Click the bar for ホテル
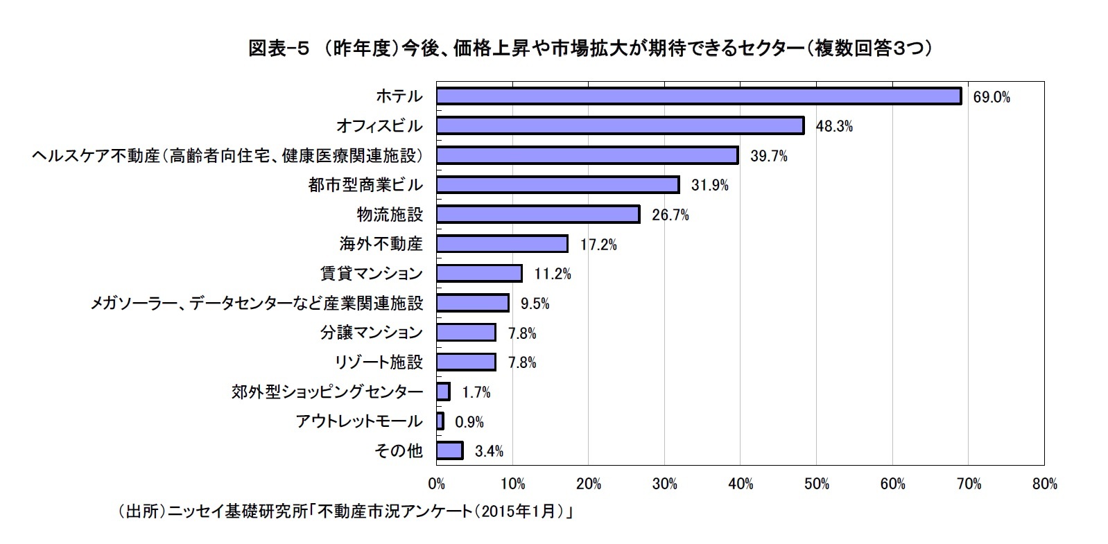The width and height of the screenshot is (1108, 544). (698, 96)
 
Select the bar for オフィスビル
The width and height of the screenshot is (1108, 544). (620, 125)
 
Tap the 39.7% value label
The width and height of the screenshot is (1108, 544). (768, 156)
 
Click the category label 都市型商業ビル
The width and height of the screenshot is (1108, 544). (365, 185)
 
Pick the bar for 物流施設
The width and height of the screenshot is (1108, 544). (537, 214)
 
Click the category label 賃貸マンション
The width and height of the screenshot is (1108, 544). (371, 274)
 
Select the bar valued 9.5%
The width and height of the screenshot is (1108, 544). (472, 303)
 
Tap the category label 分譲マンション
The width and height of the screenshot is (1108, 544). (371, 333)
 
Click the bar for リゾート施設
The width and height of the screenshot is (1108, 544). (466, 362)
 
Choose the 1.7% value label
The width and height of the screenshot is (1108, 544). (476, 392)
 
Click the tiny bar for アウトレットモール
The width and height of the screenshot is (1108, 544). (440, 421)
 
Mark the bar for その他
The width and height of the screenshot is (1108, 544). (449, 450)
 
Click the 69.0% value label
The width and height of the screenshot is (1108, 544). (992, 98)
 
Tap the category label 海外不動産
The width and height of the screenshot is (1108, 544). (381, 244)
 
